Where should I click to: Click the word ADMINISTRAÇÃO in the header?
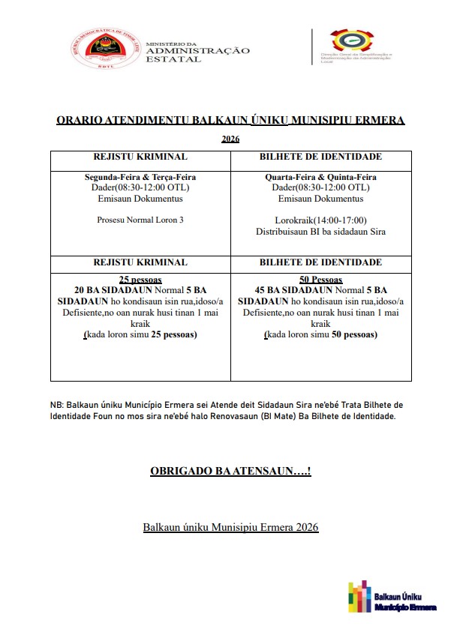[198, 51]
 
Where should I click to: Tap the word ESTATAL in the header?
[173, 59]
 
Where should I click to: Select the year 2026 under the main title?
[230, 139]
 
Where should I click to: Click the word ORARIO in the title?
[80, 120]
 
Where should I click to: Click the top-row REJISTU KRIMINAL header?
[140, 157]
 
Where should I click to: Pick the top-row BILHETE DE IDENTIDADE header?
[320, 157]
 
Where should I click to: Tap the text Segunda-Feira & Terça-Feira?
[140, 177]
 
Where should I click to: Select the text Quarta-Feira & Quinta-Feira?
[320, 177]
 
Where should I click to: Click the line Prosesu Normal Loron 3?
[140, 220]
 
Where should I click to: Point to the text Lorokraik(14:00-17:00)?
[320, 220]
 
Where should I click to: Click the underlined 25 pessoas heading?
[140, 279]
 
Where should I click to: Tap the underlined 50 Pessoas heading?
[320, 279]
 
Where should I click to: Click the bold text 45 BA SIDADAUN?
[293, 290]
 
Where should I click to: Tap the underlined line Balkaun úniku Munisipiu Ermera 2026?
[230, 528]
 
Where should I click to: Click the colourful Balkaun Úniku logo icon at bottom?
[360, 598]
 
